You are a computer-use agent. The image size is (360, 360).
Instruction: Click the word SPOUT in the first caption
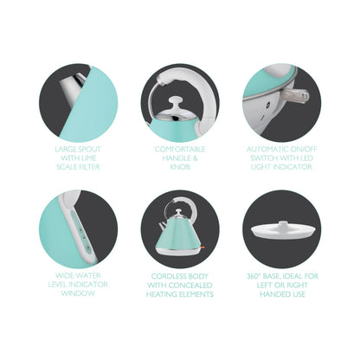89,150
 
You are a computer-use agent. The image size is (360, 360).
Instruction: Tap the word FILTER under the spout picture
87,167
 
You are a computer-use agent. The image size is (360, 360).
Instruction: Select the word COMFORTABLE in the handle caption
180,150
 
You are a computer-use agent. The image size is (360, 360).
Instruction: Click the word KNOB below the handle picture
180,167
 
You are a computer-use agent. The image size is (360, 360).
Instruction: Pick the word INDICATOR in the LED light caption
293,167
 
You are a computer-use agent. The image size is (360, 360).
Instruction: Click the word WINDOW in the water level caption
78,293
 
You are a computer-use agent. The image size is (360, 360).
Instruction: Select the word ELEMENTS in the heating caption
197,294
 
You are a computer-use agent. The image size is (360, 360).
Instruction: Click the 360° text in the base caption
254,276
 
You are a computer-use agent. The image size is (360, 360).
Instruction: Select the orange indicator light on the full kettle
202,247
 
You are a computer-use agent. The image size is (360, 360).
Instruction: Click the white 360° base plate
281,232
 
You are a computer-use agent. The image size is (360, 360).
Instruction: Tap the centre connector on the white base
282,224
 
